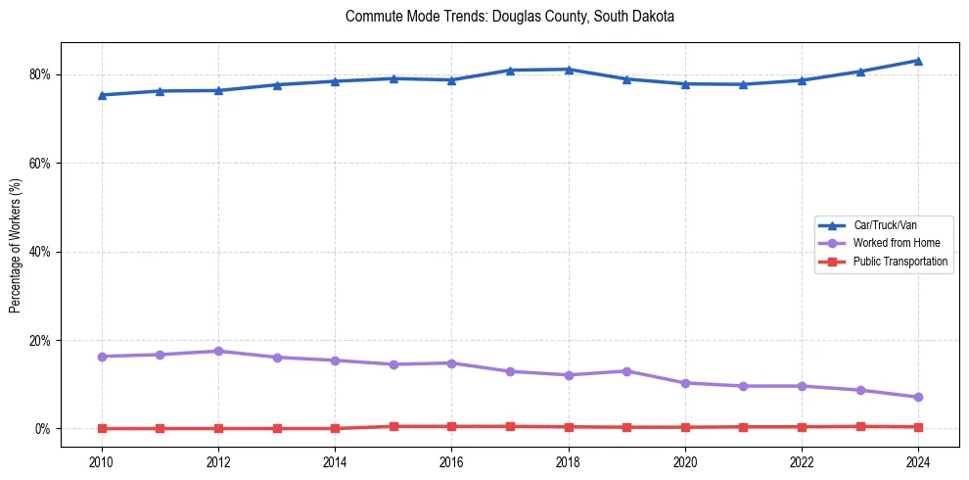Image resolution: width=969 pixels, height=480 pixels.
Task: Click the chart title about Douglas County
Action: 510,17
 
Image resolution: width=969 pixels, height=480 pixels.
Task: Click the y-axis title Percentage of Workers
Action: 16,245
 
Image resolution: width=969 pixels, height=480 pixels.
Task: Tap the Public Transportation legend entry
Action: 900,262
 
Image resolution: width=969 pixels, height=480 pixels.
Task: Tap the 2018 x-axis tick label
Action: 569,460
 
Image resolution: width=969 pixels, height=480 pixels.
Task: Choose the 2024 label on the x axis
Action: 918,460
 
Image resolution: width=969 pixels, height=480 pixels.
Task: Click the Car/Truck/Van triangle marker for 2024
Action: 918,61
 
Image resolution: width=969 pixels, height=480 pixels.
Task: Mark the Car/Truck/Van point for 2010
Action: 102,95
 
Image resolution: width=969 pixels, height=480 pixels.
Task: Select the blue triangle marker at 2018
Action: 569,70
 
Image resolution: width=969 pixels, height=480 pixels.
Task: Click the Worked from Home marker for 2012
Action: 218,351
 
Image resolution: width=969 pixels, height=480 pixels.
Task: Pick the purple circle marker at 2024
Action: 918,397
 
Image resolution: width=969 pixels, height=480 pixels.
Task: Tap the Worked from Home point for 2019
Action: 626,371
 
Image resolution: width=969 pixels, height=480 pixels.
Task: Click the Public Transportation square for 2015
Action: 393,426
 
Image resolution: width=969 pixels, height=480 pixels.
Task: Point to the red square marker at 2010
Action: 102,428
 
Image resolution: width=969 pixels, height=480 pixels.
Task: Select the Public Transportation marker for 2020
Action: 685,427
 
